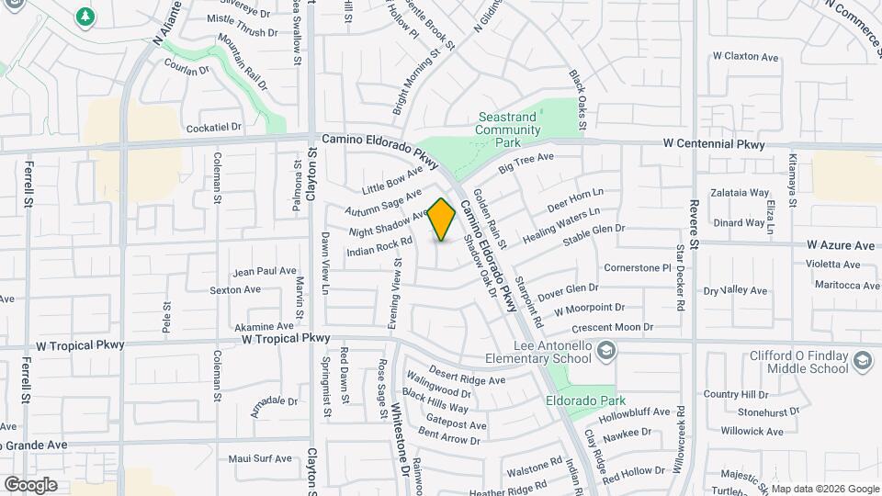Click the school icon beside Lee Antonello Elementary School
(x=606, y=350)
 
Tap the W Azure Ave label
(x=841, y=246)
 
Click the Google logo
(x=30, y=484)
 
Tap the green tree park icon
(x=85, y=16)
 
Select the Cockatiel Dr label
(x=212, y=127)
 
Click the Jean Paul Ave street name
(x=265, y=271)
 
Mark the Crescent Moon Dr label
(x=611, y=327)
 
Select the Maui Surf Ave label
(x=260, y=458)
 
